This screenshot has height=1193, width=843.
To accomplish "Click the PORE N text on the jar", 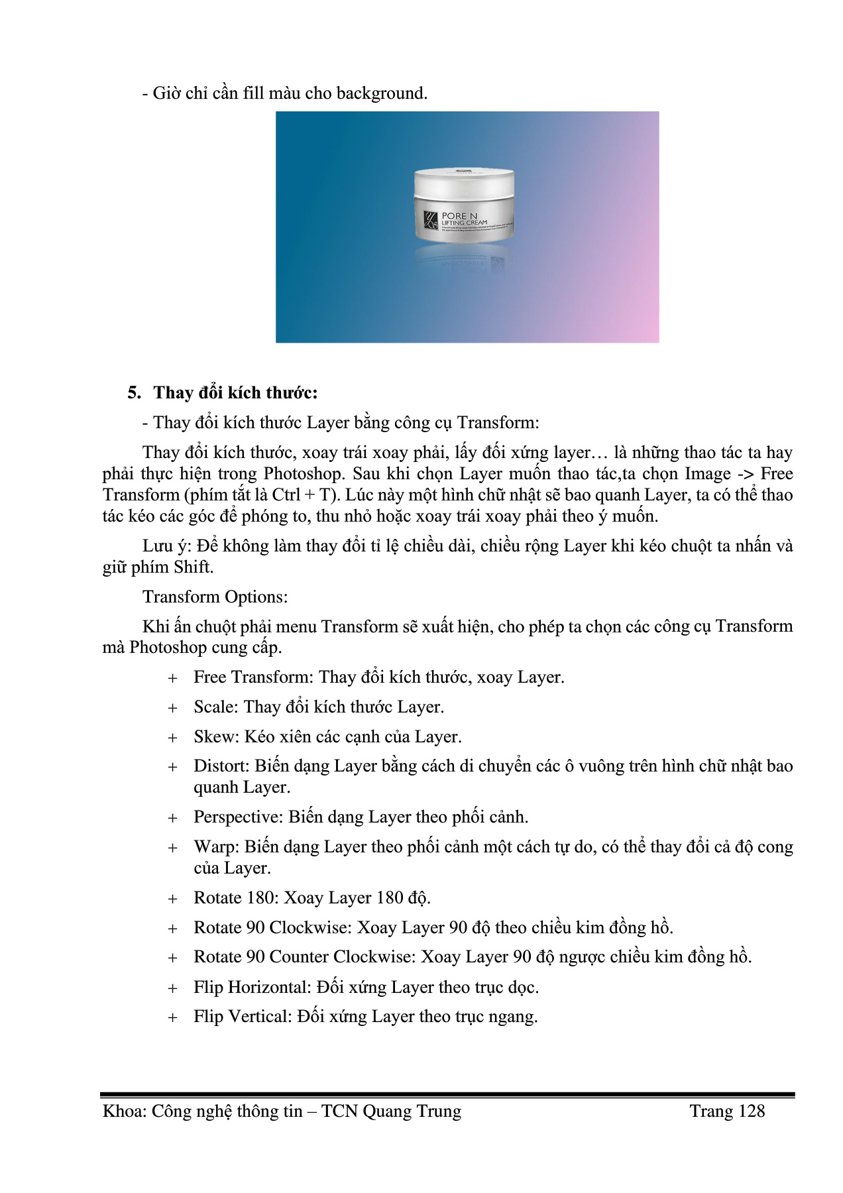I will click(x=459, y=216).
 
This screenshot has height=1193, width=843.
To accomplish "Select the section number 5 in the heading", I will click(x=133, y=393).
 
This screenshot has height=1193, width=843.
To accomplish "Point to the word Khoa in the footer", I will click(x=124, y=1111).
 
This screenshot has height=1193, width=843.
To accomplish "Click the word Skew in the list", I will click(x=215, y=737).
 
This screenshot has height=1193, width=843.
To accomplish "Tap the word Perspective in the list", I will click(x=238, y=817).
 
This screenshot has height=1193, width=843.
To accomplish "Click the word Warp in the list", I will click(x=215, y=847).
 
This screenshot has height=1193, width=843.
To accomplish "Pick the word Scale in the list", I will click(x=215, y=707).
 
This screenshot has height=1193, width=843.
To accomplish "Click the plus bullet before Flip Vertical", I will click(x=173, y=1017).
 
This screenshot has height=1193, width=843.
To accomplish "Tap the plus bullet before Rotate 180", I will click(x=173, y=899).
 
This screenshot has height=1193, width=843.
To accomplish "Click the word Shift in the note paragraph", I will click(x=192, y=567).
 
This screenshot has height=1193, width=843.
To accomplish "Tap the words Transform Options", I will click(x=215, y=597).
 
